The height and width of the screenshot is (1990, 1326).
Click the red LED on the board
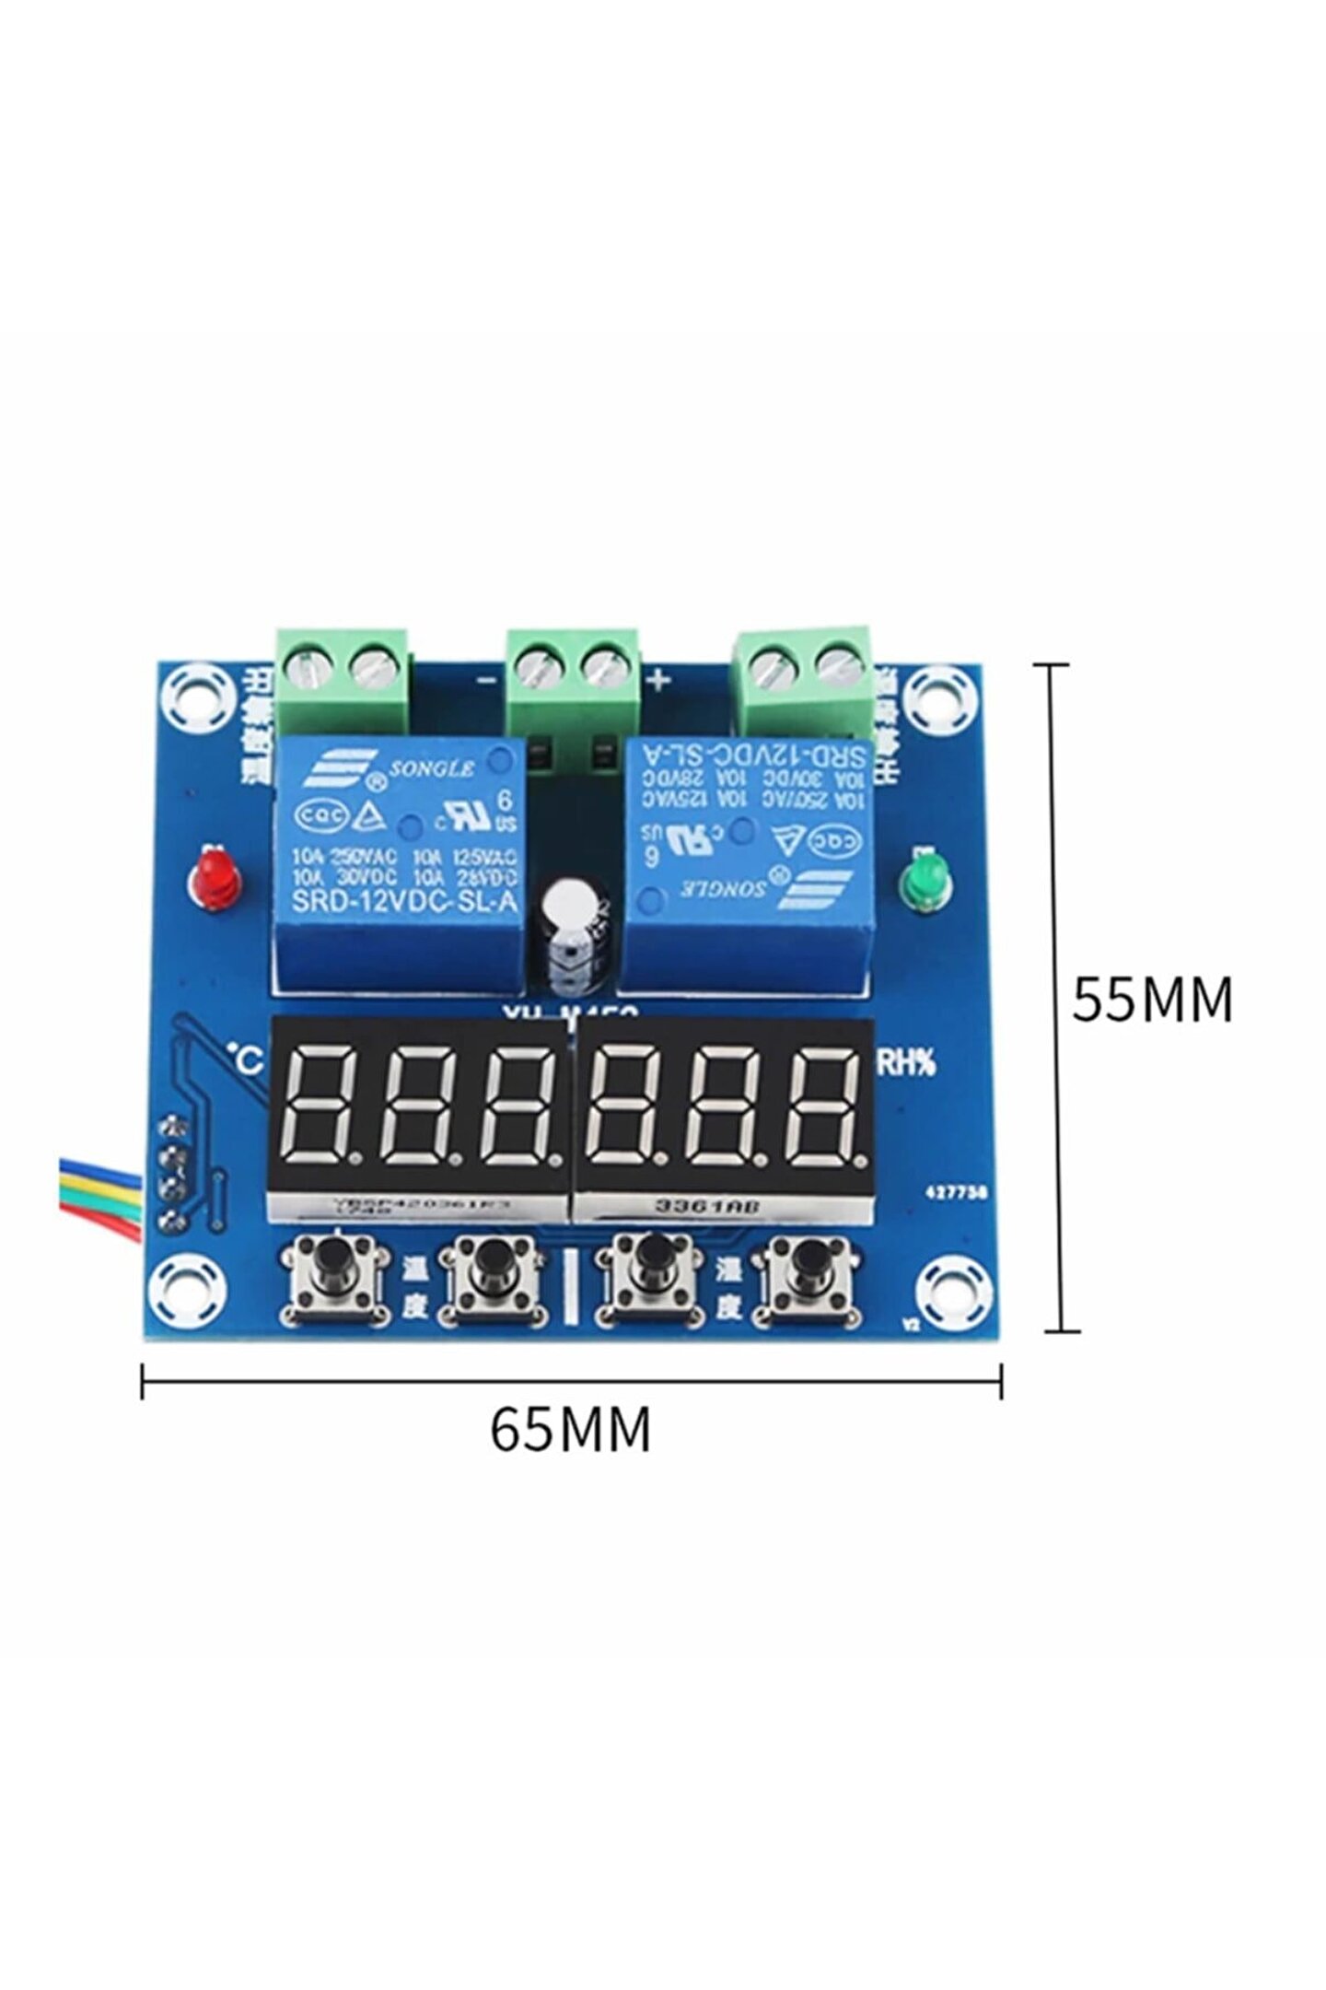213,879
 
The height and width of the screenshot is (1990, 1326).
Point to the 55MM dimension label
1151,1000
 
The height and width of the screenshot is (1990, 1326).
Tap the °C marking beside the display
246,1058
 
